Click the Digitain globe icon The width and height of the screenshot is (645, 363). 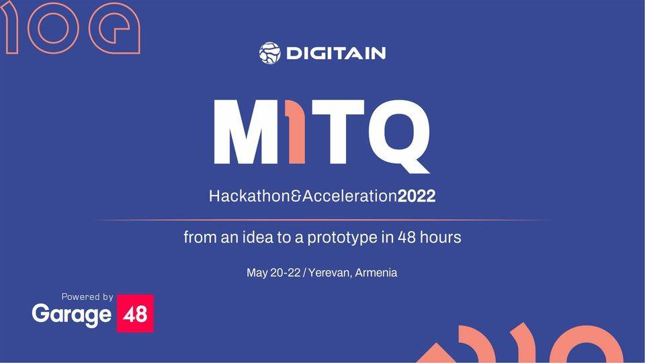[269, 53]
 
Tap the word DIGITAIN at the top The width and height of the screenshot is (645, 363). [336, 53]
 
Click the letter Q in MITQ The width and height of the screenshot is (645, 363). [396, 132]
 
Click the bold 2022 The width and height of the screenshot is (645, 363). [417, 197]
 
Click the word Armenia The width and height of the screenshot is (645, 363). [376, 273]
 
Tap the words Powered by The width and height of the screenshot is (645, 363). [87, 296]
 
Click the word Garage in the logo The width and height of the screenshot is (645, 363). [71, 315]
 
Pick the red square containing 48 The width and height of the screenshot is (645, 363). [135, 313]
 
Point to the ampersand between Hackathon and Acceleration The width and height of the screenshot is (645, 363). [293, 197]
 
